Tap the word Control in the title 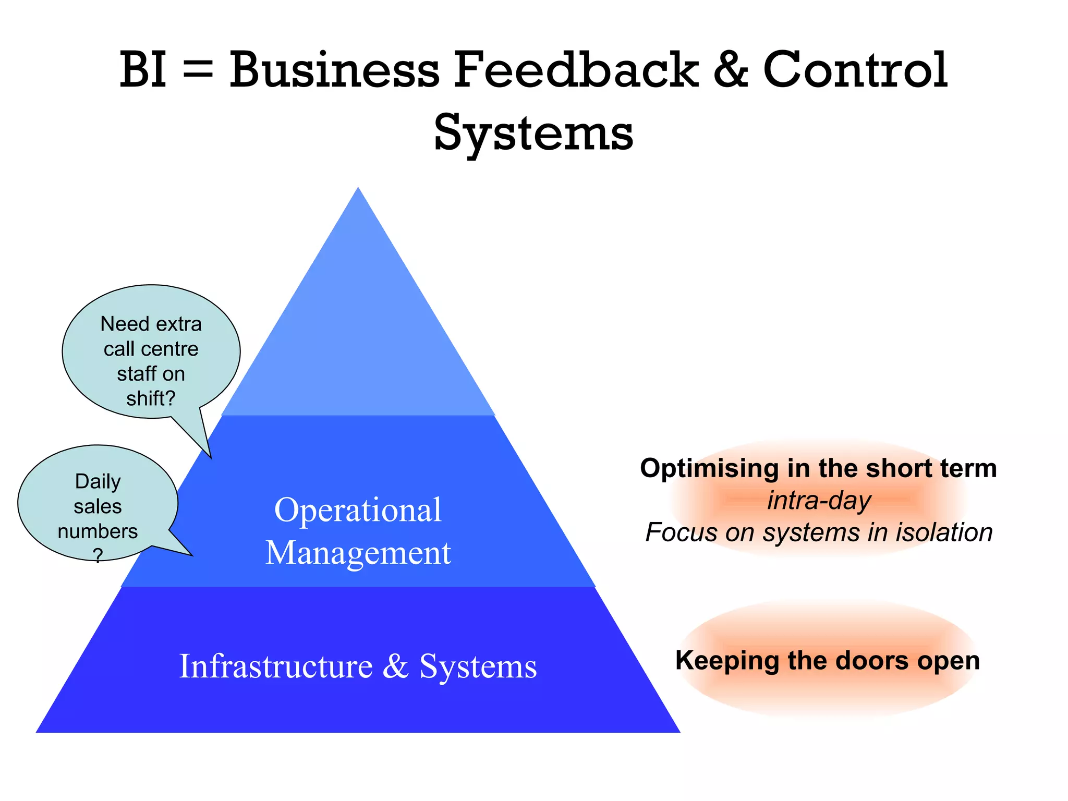coord(855,70)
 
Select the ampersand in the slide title coord(730,70)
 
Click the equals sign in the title coord(198,70)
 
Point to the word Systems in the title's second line coord(533,133)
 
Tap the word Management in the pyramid coord(358,553)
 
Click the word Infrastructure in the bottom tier coord(276,666)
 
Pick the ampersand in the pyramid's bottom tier coord(395,666)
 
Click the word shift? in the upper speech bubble coord(151,399)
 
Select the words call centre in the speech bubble coord(151,349)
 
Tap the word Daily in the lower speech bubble coord(98,481)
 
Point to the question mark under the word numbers coord(98,555)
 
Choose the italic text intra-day coord(819,501)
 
